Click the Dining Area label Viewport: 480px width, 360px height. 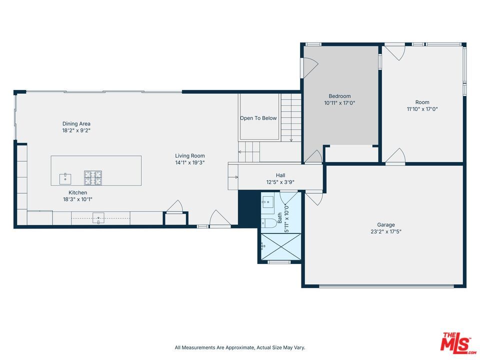click(76, 123)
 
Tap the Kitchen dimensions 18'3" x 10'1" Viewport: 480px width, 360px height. click(77, 199)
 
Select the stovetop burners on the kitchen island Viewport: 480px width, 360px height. click(92, 175)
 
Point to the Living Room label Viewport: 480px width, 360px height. click(189, 155)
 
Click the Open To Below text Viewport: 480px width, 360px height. click(258, 118)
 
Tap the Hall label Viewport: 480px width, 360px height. click(280, 175)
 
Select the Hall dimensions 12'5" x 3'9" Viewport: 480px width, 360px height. click(280, 182)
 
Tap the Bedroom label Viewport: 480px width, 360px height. click(339, 96)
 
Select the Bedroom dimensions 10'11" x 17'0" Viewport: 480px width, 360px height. click(339, 103)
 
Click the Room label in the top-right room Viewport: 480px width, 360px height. click(422, 102)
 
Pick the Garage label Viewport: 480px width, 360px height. click(385, 225)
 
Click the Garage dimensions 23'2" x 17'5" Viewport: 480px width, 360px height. click(385, 231)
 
